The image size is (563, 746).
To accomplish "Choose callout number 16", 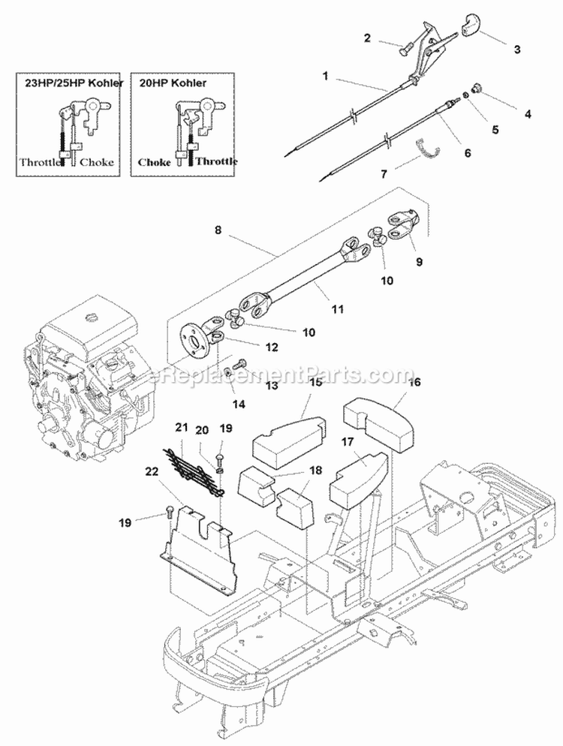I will point(415,382).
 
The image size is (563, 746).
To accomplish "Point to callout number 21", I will point(179,427).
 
